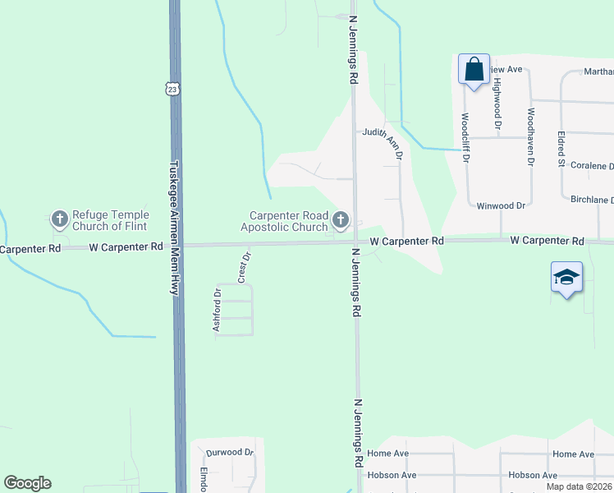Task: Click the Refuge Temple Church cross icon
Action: pyautogui.click(x=59, y=219)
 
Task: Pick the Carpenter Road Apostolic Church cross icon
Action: pyautogui.click(x=341, y=220)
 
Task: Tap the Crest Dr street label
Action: pyautogui.click(x=244, y=267)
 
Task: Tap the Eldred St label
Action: pyautogui.click(x=561, y=149)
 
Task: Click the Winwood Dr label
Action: pyautogui.click(x=501, y=205)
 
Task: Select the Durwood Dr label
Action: pyautogui.click(x=230, y=452)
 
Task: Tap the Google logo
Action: pyautogui.click(x=27, y=483)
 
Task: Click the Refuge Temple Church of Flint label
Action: pyautogui.click(x=111, y=220)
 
